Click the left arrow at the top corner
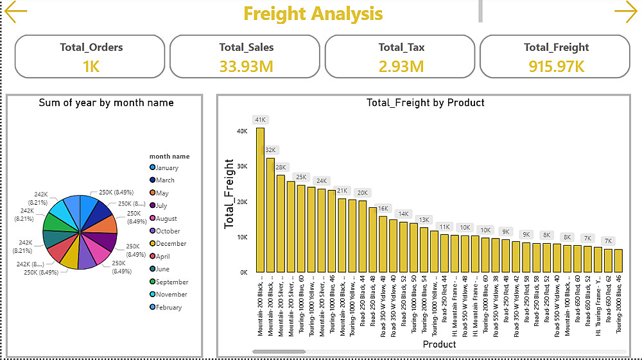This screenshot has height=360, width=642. [15, 12]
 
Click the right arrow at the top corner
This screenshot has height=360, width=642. [625, 12]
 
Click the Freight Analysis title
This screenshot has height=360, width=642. [313, 13]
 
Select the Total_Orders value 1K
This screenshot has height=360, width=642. [91, 65]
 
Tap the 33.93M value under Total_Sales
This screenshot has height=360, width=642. [246, 65]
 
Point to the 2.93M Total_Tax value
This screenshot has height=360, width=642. [401, 65]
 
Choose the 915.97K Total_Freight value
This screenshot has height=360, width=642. [556, 65]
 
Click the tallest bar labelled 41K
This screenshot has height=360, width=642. [260, 199]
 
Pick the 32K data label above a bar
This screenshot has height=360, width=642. [270, 150]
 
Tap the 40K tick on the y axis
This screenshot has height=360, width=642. [242, 131]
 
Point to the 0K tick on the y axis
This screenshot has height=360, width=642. [243, 272]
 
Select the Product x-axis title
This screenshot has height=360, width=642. [439, 344]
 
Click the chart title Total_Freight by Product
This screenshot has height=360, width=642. [425, 103]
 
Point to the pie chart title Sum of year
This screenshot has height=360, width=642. [106, 103]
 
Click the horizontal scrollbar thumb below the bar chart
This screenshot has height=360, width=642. [279, 352]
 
